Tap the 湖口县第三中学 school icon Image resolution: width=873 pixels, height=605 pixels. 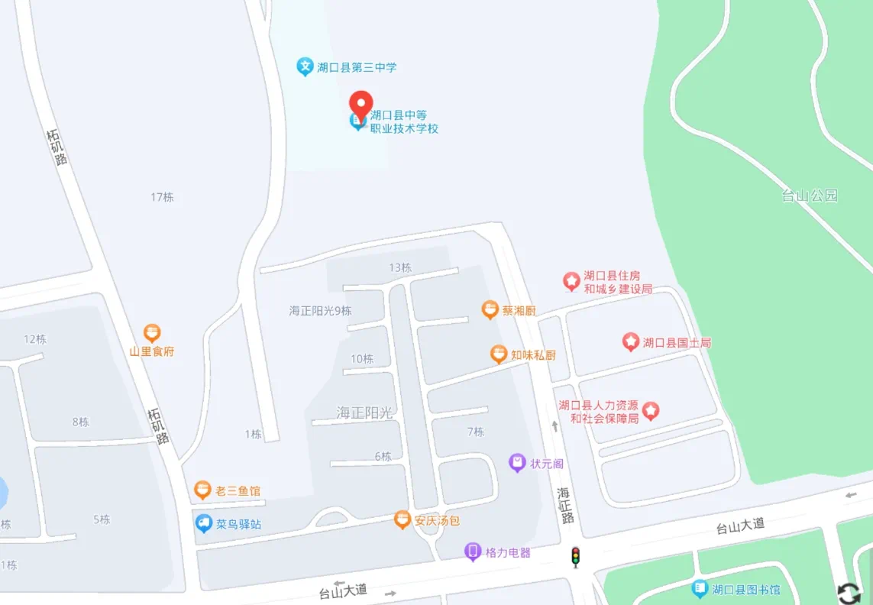tap(306, 66)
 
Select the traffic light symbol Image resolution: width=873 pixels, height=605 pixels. tap(576, 557)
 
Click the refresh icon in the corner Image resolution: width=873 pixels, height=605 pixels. tap(849, 593)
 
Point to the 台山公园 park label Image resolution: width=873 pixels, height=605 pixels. tap(810, 196)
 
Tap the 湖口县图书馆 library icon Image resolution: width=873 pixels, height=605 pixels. tap(700, 589)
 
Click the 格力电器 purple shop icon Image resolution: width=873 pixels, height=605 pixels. tap(474, 552)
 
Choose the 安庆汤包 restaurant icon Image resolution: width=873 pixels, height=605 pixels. tap(403, 520)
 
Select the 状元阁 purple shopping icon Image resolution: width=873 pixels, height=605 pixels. tap(518, 462)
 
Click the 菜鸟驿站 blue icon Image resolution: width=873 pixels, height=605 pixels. tap(203, 523)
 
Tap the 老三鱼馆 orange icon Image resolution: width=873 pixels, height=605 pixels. tap(202, 490)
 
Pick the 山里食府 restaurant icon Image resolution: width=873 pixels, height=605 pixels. tap(152, 333)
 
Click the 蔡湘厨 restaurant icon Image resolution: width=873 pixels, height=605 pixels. tap(490, 310)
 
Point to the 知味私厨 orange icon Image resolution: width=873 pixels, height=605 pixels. tap(499, 354)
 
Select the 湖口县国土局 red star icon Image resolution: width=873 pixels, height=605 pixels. tap(630, 342)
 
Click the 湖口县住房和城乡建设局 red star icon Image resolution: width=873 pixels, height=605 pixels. tap(571, 281)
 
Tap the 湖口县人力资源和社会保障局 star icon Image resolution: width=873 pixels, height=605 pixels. tap(650, 411)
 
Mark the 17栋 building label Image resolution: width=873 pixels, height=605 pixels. tap(162, 197)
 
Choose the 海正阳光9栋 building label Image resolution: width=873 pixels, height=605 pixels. tap(320, 311)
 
